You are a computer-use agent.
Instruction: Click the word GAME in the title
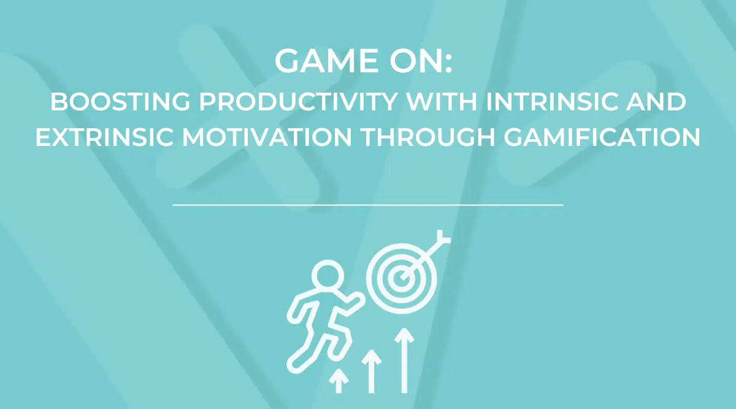coord(328,61)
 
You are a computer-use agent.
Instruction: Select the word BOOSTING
coord(120,102)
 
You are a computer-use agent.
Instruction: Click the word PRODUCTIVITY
coord(298,102)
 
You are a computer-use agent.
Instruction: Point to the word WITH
coord(442,102)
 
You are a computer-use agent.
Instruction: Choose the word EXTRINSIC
coord(104,137)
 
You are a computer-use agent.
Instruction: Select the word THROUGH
coord(428,137)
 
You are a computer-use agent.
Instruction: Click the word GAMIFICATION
coord(602,137)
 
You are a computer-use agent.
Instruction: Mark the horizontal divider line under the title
coord(368,205)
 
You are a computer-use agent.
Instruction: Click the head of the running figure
coord(328,275)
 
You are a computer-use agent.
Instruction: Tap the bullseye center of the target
coord(402,278)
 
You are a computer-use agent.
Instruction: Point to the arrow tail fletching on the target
coord(443,237)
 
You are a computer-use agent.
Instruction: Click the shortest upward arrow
coord(339,381)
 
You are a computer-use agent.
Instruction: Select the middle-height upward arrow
coord(371,371)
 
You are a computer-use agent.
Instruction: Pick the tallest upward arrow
coord(404,361)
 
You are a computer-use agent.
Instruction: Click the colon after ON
coord(449,63)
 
